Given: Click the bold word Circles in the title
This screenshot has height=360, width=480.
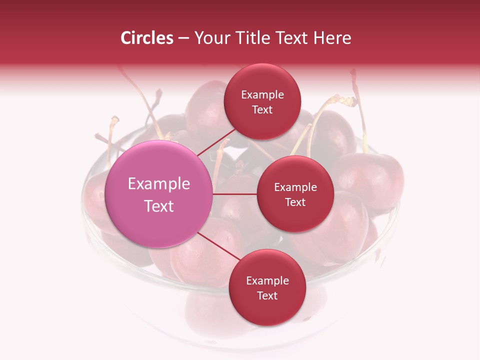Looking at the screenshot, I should pos(146,38).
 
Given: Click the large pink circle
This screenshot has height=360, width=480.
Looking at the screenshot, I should pos(159,194).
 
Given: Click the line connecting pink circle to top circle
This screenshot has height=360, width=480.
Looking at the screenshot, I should pos(216,142).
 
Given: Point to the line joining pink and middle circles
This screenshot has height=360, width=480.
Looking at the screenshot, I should pos(235,194).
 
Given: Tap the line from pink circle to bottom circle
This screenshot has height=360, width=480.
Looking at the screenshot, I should pos(218,247).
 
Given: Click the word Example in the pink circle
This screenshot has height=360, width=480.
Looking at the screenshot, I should pos(159,184).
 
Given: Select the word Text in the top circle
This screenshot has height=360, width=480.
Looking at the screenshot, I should pos(262,109).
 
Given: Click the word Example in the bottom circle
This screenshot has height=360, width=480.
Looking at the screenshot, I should pos(267,280).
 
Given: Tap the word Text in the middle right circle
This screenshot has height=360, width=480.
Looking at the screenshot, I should pos(295,202).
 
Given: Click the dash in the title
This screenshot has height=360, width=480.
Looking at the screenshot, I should pos(183,38).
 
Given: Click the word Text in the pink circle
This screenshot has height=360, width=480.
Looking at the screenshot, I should pos(159,206).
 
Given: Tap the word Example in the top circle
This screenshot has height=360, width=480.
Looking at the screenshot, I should pos(262,95).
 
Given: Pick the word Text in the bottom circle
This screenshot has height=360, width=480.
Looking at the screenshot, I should pos(267,295).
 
